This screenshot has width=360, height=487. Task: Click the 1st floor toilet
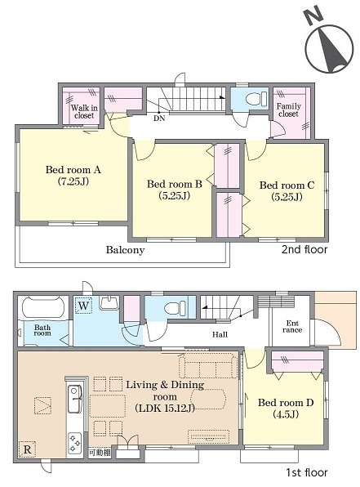[175, 308]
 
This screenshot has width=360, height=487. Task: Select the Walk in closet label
[84, 112]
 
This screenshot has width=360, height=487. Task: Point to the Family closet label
[289, 110]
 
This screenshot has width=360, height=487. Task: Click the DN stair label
[159, 118]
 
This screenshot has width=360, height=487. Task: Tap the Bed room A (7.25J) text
[73, 176]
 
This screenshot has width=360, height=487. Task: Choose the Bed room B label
[175, 184]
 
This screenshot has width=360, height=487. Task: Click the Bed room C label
[287, 185]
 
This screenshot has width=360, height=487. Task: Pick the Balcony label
[126, 250]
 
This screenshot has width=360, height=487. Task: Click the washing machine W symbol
[83, 306]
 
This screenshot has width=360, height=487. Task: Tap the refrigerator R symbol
[27, 449]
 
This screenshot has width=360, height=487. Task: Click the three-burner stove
[75, 443]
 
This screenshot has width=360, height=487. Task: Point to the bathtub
[43, 307]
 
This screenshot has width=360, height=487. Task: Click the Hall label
[220, 334]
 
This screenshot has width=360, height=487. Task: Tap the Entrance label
[292, 326]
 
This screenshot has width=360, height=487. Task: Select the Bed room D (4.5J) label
[286, 408]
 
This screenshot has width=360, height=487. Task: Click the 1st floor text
[307, 472]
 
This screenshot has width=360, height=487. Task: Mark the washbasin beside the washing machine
[109, 302]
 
